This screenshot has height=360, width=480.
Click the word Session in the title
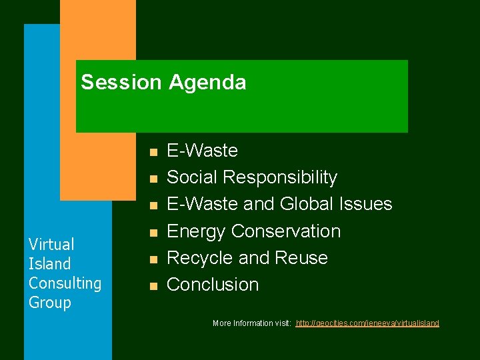click(121, 83)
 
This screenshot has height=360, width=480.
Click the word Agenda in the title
click(207, 83)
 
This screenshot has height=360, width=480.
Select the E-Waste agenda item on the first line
click(202, 151)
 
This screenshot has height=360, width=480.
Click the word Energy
click(196, 231)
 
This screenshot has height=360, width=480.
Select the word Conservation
click(286, 231)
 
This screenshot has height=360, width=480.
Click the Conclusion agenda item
click(213, 285)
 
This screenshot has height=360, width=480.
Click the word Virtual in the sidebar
click(51, 244)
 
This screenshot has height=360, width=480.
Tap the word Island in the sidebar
click(49, 263)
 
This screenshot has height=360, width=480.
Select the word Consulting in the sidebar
click(65, 283)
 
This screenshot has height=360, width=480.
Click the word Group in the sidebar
click(49, 302)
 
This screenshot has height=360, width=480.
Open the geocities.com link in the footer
click(367, 323)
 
